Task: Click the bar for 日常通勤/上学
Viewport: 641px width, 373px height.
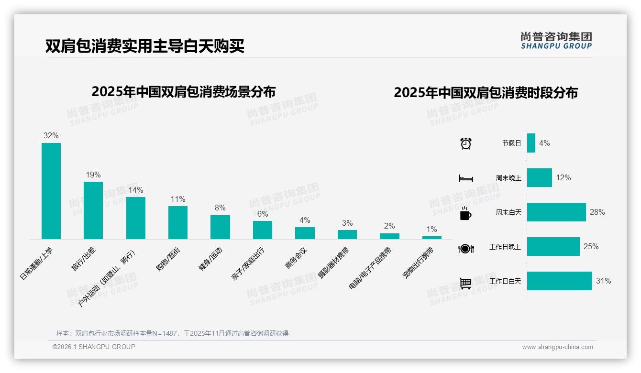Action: tap(51, 191)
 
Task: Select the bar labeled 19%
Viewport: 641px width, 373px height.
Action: tap(93, 210)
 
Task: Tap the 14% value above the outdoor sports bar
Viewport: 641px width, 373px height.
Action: tap(135, 190)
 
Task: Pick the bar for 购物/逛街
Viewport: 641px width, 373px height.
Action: tap(178, 222)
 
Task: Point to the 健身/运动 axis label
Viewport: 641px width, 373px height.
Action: tap(210, 260)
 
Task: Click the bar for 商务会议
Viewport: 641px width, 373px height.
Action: tap(305, 233)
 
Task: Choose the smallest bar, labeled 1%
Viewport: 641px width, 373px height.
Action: tap(431, 237)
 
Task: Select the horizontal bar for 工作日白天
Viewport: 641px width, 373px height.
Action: tap(559, 281)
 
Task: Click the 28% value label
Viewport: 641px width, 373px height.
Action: tap(597, 212)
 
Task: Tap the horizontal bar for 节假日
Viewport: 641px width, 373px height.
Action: tap(531, 143)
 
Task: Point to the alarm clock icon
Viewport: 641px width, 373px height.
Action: tap(465, 143)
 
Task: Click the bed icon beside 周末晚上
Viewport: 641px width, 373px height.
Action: tap(465, 178)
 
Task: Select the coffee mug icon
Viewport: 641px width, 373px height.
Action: tap(465, 213)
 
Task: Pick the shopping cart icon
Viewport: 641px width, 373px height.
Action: tap(465, 283)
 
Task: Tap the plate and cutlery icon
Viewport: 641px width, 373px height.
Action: tap(465, 248)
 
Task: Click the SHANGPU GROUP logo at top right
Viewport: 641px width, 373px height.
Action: tap(556, 41)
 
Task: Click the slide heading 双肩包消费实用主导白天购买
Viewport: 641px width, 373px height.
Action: tap(145, 46)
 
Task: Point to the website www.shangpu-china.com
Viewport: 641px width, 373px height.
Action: tap(557, 347)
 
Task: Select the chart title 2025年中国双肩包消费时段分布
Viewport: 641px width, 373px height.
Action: tap(486, 92)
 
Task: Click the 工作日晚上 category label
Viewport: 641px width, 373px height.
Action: tap(505, 247)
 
